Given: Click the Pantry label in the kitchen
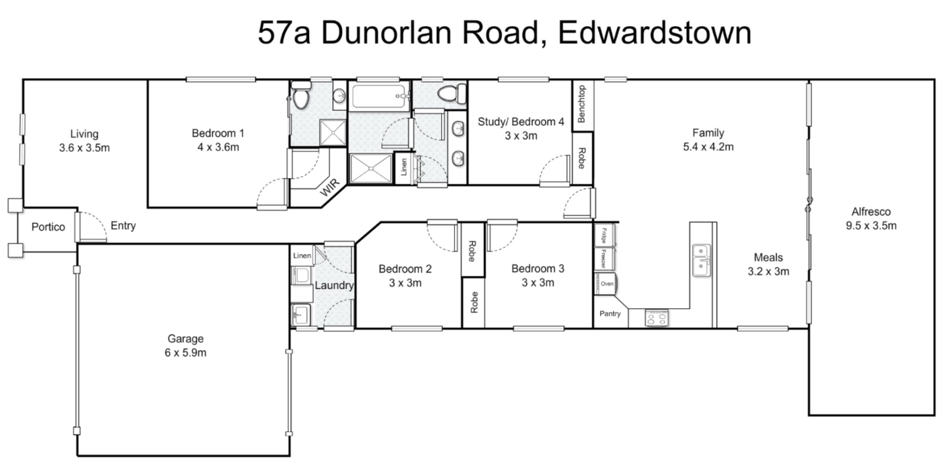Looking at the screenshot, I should tap(610, 313).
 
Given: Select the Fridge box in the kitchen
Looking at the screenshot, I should tap(604, 235).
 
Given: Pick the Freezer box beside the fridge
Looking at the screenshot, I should tap(604, 258).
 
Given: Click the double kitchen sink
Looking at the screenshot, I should tap(701, 260).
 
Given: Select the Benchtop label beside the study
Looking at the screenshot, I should tap(582, 104).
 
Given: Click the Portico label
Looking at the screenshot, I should tap(48, 227).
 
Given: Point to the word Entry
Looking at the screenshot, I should tap(123, 225).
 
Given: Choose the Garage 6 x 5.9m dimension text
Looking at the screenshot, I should tap(185, 352).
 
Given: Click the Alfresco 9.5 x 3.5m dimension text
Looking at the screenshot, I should tap(871, 225).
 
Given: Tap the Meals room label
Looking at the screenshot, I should tap(768, 257).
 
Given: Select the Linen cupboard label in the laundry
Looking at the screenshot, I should tap(302, 255).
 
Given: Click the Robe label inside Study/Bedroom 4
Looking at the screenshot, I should tap(582, 158).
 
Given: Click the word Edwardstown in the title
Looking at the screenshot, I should tap(655, 33).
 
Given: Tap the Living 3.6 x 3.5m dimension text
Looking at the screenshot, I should tap(85, 148).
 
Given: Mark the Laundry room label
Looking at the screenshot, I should tap(334, 285).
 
